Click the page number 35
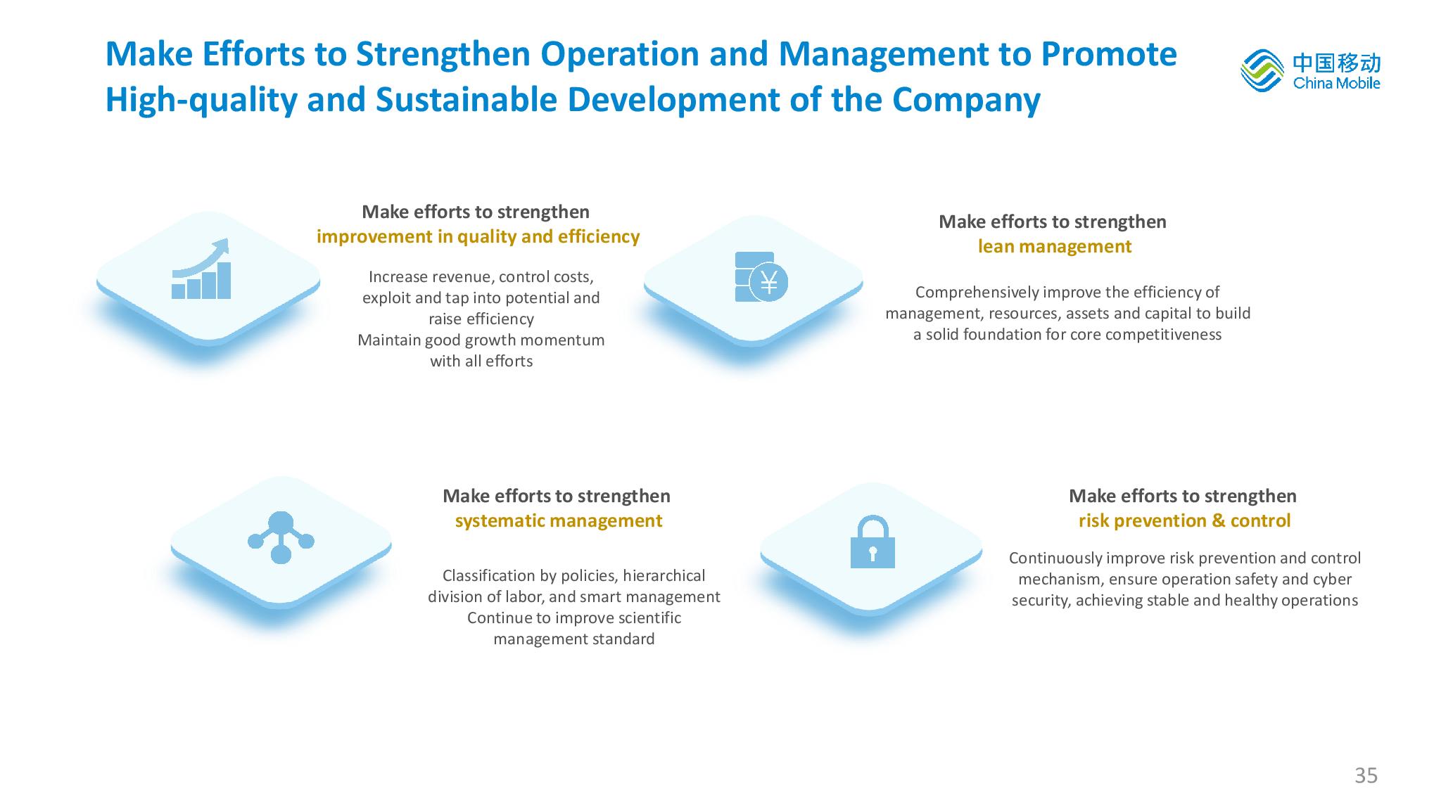point(1366,776)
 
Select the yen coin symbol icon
point(761,277)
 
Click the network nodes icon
point(281,537)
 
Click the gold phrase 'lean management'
point(1055,247)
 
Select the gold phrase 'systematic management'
point(559,521)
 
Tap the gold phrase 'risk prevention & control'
point(1185,521)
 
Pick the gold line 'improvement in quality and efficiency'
point(478,237)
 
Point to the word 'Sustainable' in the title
point(466,100)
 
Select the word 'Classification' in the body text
point(489,576)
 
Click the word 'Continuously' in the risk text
point(1055,558)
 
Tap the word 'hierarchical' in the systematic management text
point(664,576)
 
